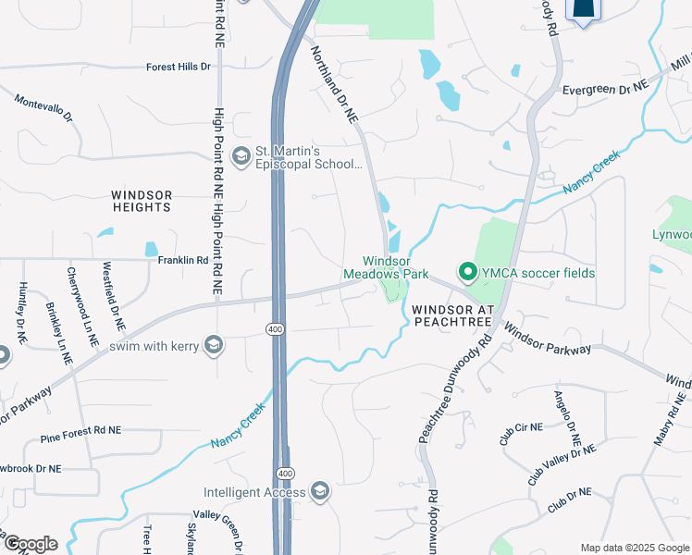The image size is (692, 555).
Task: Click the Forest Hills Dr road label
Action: (x=179, y=68)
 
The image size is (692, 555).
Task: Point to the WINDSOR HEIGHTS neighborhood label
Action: (x=142, y=201)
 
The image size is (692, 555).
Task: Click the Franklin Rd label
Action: (x=183, y=261)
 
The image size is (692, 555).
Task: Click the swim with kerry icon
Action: (x=215, y=346)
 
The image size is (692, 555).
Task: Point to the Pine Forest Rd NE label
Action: (x=80, y=431)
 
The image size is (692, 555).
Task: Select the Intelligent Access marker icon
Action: (x=320, y=490)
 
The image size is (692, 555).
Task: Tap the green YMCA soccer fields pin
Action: (x=467, y=273)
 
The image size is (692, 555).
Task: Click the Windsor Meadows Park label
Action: (x=386, y=268)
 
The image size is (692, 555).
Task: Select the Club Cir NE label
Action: (x=519, y=433)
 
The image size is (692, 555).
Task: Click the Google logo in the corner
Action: (x=31, y=544)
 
